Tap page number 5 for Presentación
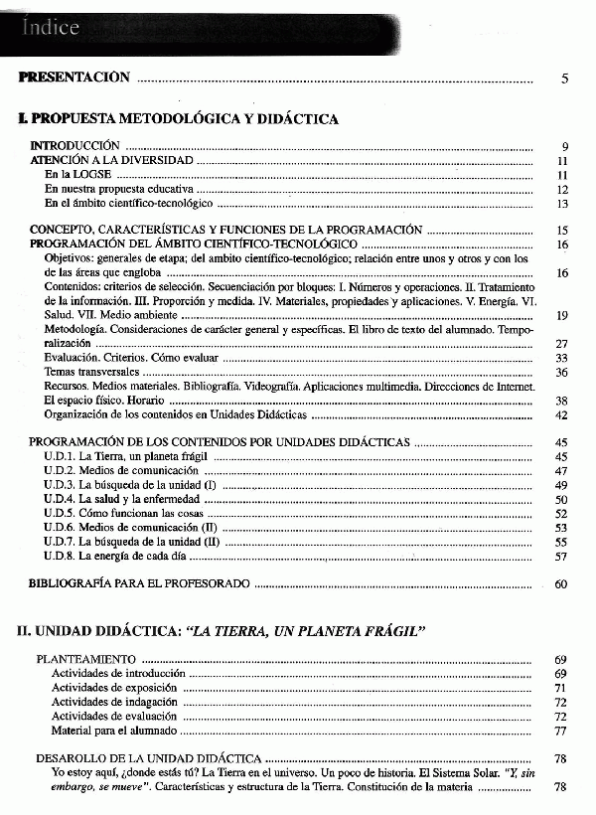[x=564, y=79]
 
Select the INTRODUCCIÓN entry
[x=74, y=146]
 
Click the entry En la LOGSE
[x=77, y=175]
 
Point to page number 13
[x=562, y=204]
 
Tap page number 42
[x=561, y=415]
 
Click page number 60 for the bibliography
[x=561, y=584]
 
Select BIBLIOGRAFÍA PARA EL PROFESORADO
[x=139, y=584]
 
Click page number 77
[x=561, y=731]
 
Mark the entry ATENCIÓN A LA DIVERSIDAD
[x=111, y=160]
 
